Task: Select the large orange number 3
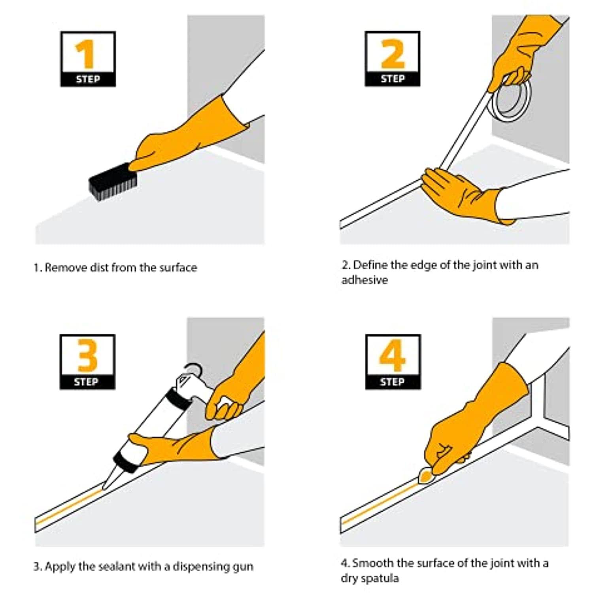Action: click(87, 355)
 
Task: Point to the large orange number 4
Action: click(392, 355)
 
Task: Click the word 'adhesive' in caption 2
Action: click(364, 280)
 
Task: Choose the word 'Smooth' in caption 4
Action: click(373, 563)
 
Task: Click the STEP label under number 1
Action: click(88, 79)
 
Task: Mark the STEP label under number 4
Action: click(392, 381)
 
